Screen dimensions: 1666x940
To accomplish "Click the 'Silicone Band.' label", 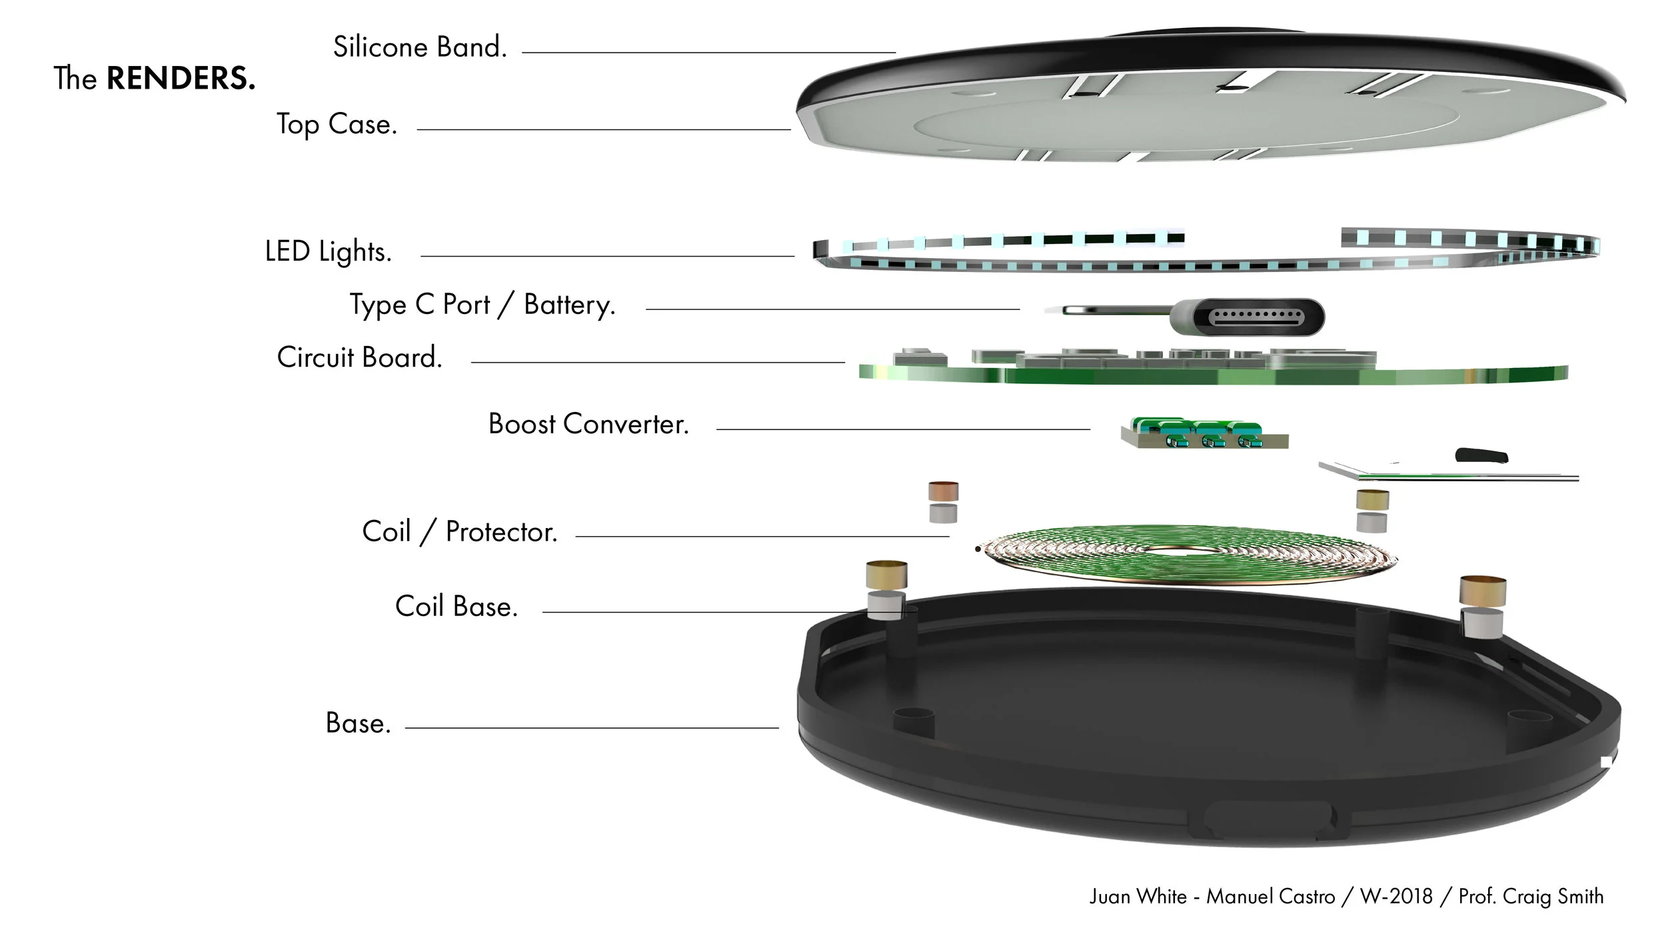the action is click(x=420, y=47).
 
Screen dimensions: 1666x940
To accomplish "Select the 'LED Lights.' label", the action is click(x=328, y=252).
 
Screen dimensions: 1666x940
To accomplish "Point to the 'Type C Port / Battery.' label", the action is click(x=482, y=305).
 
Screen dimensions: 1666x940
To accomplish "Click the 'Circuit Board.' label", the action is click(x=360, y=357).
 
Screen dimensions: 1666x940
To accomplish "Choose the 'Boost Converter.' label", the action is click(x=588, y=424).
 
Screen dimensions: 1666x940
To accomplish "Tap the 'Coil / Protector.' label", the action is click(x=460, y=532).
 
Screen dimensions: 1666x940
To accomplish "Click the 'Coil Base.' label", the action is click(x=456, y=607).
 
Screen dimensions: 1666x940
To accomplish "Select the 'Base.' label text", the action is click(x=358, y=723).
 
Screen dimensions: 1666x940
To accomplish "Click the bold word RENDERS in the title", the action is click(x=181, y=79).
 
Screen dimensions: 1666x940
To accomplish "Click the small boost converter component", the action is click(x=1205, y=433).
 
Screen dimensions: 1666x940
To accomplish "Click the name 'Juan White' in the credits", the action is click(x=1138, y=897).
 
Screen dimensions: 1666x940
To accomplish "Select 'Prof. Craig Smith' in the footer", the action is click(x=1531, y=897).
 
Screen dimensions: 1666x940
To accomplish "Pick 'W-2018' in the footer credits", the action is click(x=1396, y=897).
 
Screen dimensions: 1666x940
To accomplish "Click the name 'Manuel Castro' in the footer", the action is click(x=1271, y=897).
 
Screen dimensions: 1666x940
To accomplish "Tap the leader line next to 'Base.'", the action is click(x=592, y=728).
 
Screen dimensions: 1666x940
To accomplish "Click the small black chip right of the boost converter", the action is click(x=1481, y=456).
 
